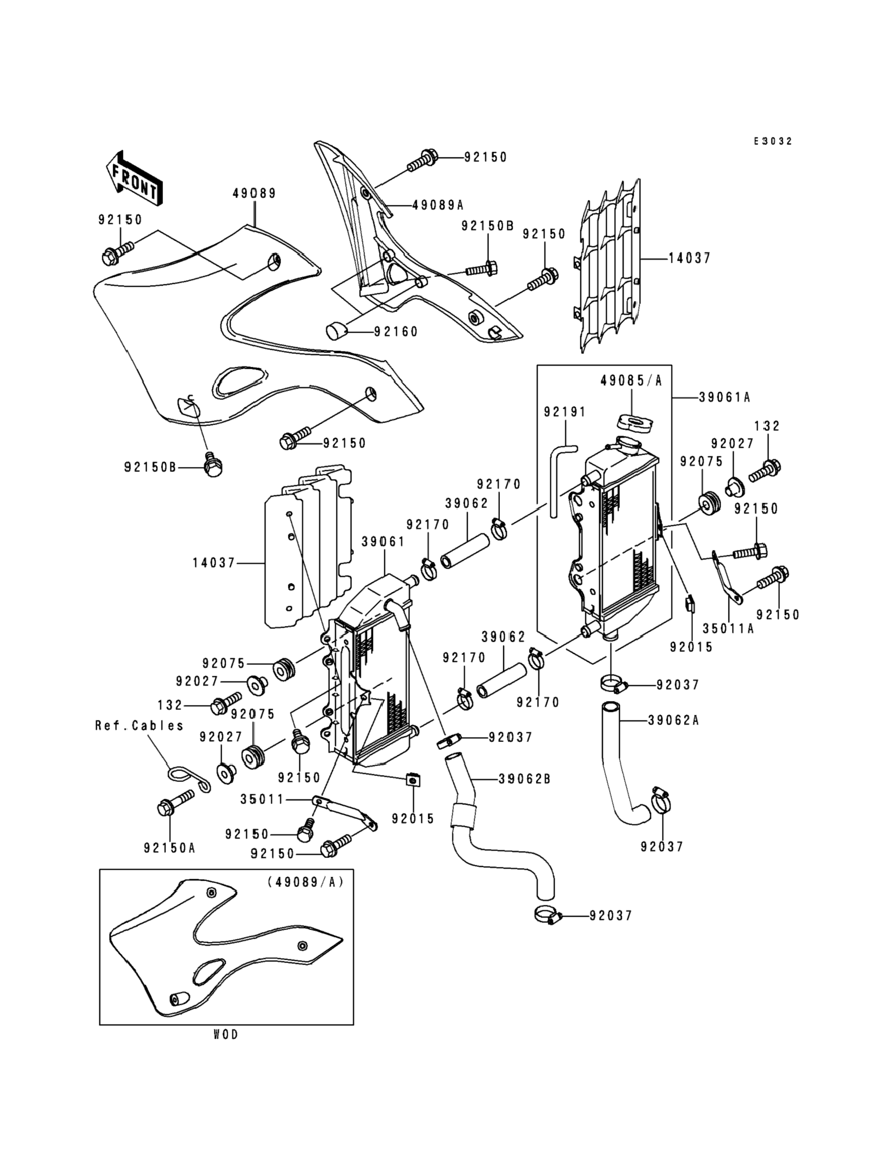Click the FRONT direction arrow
pos(134,178)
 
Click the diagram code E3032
pos(773,141)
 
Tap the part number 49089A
pos(438,204)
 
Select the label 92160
pos(396,332)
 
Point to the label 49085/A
pos(632,381)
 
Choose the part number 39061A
pos(725,397)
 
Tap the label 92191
pos(566,412)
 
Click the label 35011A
pos(728,628)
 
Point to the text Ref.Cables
pos(139,726)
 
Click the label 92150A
pos(170,849)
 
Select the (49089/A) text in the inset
pos(306,882)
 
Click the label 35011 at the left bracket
pos(263,799)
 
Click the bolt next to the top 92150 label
pos(423,160)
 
